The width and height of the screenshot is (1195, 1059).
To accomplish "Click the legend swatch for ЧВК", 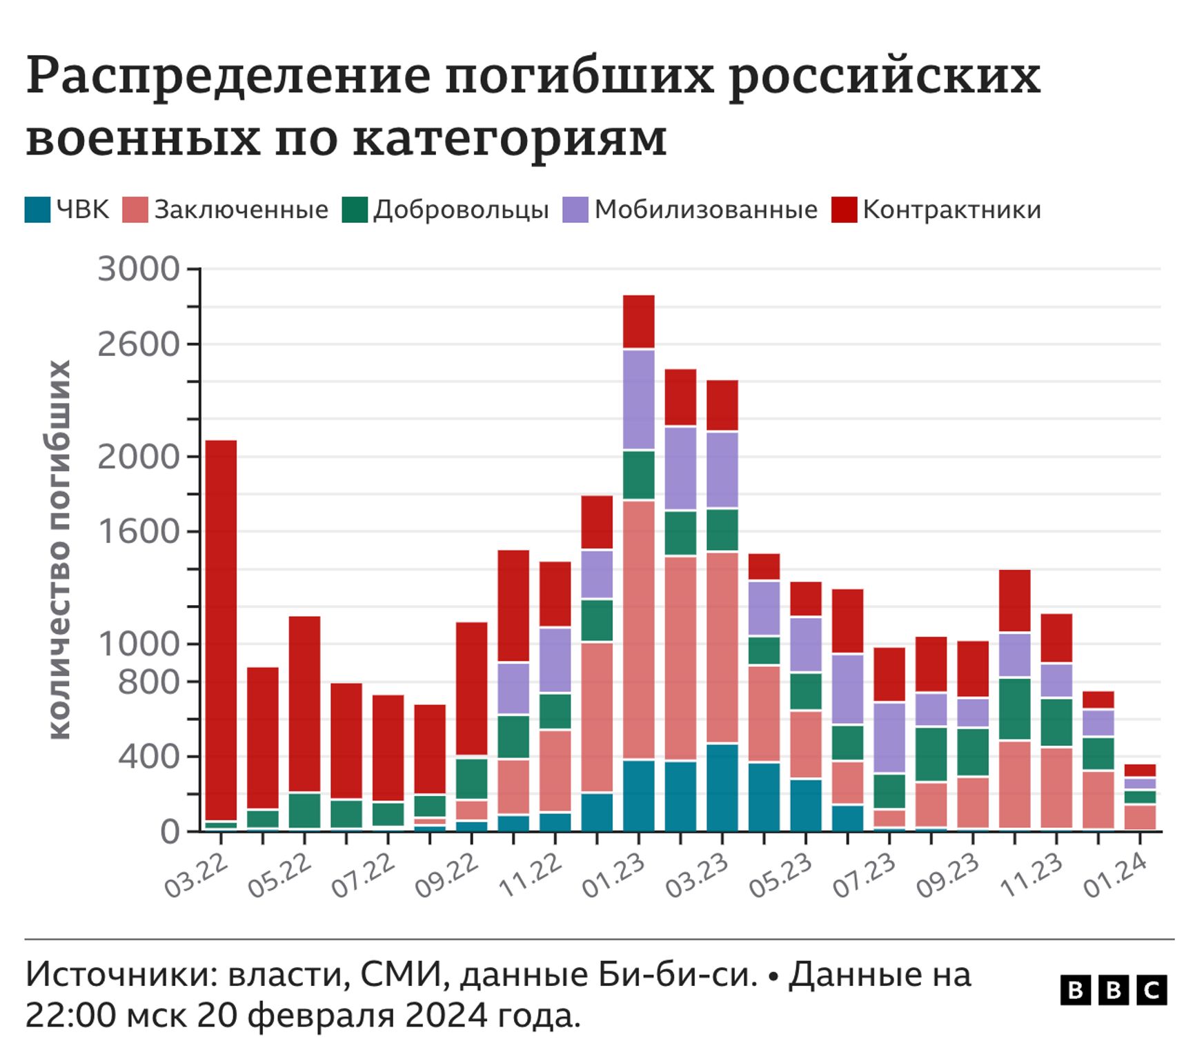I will click(37, 210).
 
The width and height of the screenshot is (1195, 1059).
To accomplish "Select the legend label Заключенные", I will click(241, 210).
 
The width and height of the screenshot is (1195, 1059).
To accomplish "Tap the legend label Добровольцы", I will click(461, 210).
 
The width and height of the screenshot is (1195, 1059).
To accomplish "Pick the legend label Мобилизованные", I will click(706, 210).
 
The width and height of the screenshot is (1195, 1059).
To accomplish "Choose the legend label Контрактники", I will click(951, 210).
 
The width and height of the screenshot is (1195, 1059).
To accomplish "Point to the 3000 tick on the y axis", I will click(139, 269).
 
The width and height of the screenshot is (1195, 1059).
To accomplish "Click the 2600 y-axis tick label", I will click(139, 344).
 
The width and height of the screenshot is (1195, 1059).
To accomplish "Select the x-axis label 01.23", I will click(613, 876).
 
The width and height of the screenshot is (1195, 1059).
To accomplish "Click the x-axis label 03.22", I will click(195, 876).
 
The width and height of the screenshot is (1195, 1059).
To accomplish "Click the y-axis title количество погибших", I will click(60, 550).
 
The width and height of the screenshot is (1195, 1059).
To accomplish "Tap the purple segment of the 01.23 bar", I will click(639, 399).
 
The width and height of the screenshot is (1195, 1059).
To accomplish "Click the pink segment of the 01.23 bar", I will click(639, 629).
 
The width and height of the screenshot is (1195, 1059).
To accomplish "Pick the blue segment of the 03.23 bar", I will click(722, 787).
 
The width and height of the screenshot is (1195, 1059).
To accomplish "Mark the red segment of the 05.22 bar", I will click(304, 704).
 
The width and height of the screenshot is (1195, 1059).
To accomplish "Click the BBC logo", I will click(1113, 990).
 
